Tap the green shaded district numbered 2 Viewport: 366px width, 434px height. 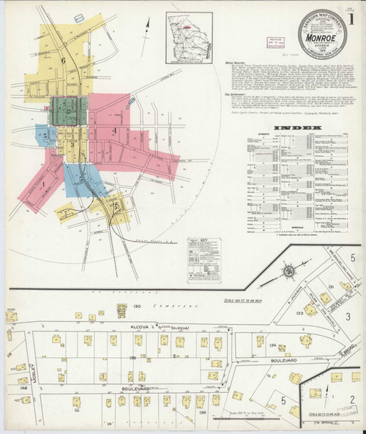(68, 110)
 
